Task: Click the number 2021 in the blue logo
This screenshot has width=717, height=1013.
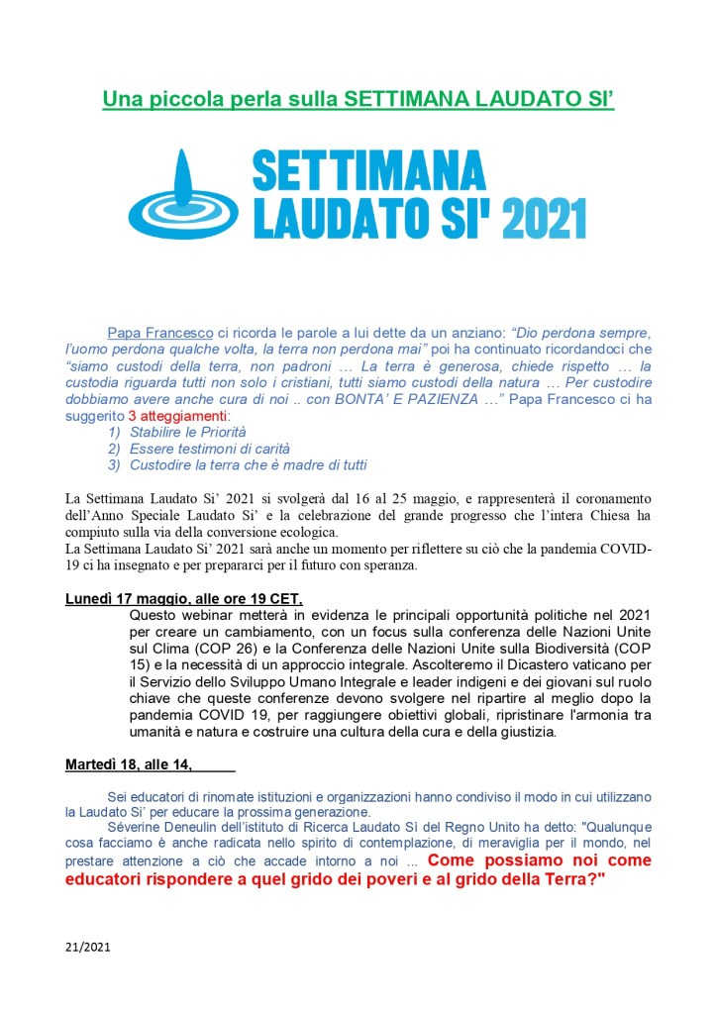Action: coord(544,219)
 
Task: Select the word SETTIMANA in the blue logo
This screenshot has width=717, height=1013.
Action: coord(369,172)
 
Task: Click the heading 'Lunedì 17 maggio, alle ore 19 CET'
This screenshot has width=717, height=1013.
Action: coord(183,598)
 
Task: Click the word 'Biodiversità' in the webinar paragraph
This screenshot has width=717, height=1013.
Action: coord(563,649)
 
